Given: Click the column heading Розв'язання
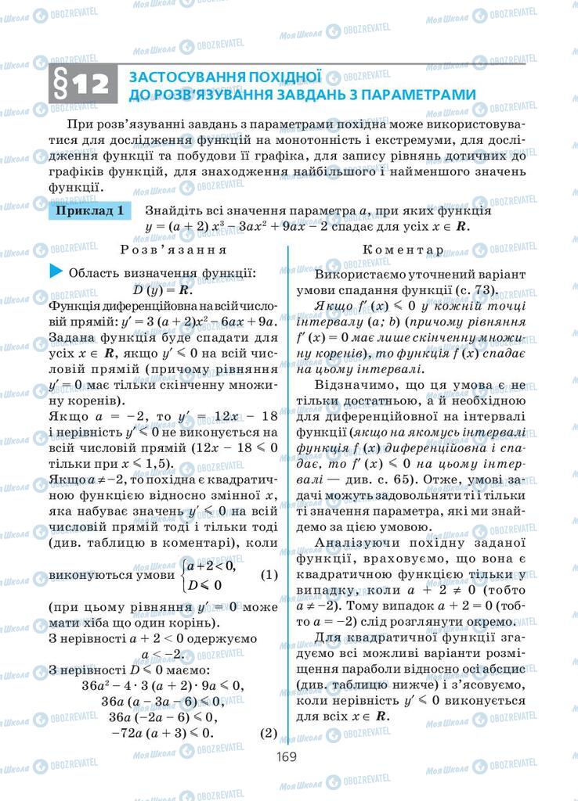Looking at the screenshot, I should [174, 250].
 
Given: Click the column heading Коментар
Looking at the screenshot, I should [403, 250].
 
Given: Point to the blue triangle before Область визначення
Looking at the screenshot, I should [55, 271].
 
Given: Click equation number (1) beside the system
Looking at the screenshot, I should [268, 574].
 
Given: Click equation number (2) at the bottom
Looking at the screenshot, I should [268, 733].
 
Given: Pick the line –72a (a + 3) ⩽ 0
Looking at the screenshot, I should [162, 733].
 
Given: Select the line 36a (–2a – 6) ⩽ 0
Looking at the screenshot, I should [162, 717].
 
